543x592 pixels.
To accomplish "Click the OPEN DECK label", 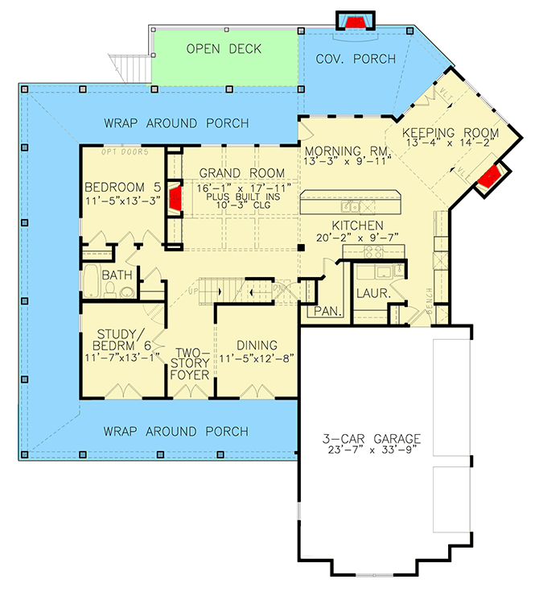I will coord(224,49).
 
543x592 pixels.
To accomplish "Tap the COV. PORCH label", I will coord(356,59).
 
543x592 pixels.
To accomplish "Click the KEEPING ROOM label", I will coord(450,133).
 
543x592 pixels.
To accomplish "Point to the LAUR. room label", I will coord(373,295).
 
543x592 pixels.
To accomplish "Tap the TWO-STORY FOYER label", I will coord(191,364).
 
